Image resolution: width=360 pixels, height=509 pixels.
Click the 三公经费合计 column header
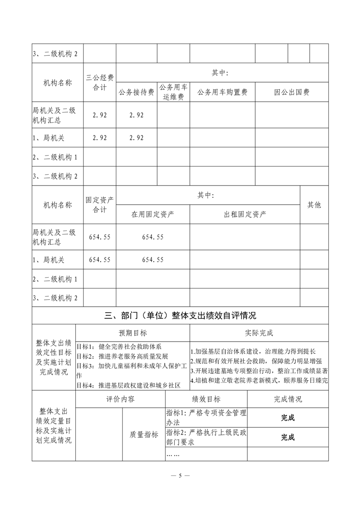100,82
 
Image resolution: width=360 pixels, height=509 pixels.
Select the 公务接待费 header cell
136,92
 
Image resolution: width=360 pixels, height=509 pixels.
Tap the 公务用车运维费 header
174,92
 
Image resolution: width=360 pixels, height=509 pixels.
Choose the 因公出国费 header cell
291,92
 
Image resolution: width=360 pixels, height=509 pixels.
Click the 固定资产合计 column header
100,205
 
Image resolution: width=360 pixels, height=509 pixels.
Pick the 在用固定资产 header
153,214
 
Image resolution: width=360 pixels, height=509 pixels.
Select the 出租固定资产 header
245,214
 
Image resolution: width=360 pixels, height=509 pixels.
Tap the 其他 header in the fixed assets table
314,205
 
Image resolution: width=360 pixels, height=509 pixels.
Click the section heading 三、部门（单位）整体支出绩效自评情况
180,315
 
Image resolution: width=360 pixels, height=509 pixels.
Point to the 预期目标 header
133,333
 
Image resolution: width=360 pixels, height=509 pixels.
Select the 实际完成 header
259,333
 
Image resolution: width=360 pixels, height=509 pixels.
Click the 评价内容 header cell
120,399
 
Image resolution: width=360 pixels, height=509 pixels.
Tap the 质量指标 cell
144,434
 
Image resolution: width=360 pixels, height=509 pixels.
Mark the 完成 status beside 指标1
288,418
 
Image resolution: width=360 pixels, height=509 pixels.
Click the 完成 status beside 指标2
288,437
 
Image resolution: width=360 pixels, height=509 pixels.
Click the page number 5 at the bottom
180,476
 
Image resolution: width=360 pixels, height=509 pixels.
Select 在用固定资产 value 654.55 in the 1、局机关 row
153,259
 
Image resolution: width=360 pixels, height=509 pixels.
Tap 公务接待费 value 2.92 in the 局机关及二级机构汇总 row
136,115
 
